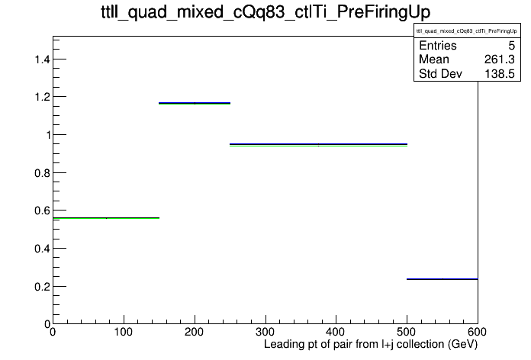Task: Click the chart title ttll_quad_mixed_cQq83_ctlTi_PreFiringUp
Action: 265,12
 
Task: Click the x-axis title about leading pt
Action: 371,345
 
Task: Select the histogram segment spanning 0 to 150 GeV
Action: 106,218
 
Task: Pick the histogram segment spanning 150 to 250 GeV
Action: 195,103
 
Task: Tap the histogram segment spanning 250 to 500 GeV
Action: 318,145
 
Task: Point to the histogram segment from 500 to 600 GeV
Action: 443,279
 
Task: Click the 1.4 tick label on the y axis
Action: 42,59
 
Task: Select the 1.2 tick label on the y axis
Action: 42,98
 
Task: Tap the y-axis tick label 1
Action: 48,136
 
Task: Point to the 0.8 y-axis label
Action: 42,173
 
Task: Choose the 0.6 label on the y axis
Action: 42,211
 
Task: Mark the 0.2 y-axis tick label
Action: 42,287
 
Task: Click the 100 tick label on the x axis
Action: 124,332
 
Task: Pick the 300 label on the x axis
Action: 265,332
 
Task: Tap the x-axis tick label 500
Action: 407,332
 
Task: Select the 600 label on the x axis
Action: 477,332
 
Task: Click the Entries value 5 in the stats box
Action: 512,46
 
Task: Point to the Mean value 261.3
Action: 500,59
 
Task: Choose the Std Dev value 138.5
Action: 500,74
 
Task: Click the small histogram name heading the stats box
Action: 467,31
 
